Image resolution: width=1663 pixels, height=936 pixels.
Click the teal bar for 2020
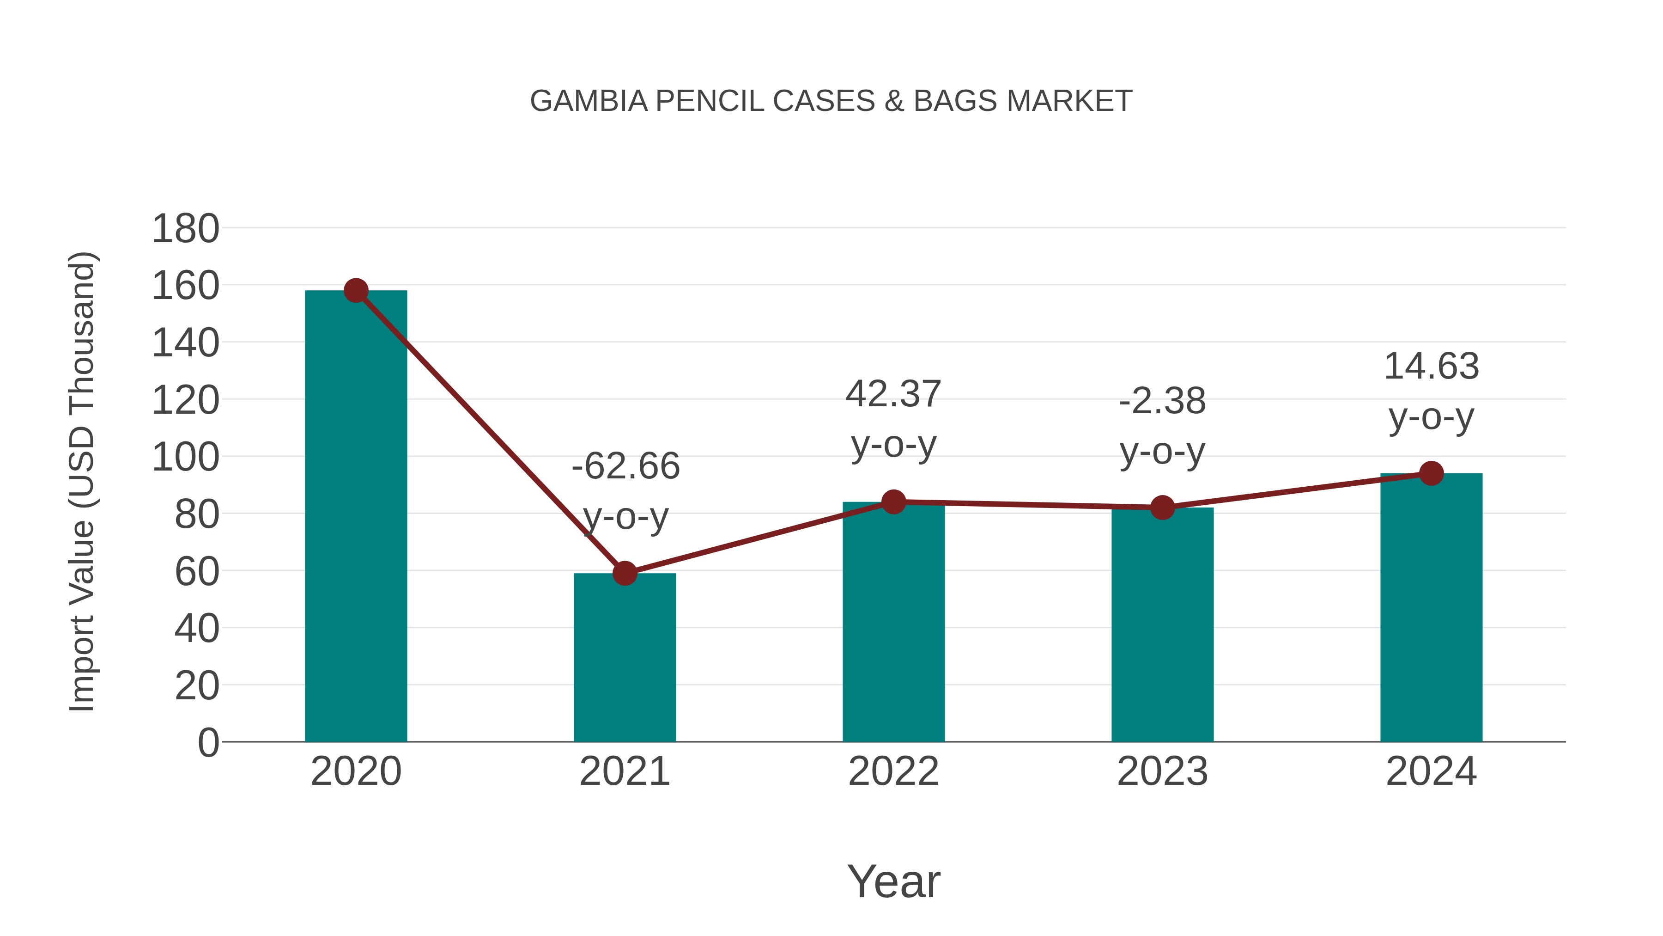coord(356,517)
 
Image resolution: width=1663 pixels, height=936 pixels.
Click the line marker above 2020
coord(356,291)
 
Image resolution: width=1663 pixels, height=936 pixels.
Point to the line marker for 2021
coord(624,573)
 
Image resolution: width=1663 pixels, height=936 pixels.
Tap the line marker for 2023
coord(1162,508)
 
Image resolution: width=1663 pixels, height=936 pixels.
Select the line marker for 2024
coord(1431,473)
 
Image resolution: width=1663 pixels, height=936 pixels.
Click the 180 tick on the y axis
coord(185,229)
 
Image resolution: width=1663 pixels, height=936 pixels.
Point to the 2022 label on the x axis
coord(893,771)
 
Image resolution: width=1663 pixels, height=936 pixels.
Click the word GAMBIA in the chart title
coord(588,101)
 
